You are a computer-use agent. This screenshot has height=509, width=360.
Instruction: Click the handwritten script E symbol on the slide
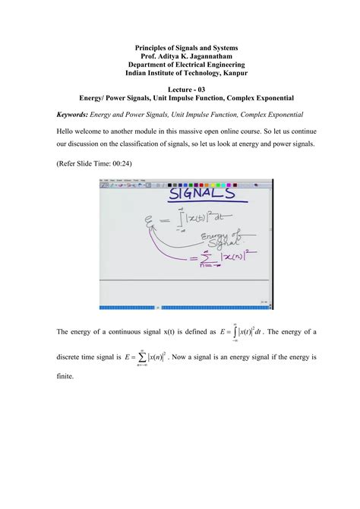click(x=144, y=224)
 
